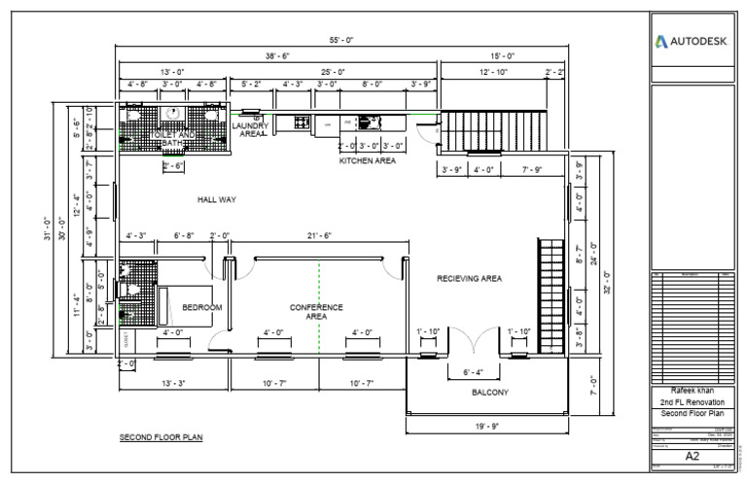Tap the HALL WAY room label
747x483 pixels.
point(217,200)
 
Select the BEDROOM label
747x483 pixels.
point(202,308)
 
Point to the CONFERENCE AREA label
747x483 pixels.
point(316,312)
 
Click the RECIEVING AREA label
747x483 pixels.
point(469,279)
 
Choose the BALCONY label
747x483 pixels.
point(490,393)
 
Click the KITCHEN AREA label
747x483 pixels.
point(367,161)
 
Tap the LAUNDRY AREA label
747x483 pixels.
point(254,130)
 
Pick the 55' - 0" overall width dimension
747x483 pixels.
point(340,41)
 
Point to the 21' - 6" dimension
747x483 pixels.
point(318,236)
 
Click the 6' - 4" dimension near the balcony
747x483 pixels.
point(472,371)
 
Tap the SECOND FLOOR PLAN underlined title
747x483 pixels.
point(161,438)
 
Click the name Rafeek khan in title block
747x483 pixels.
point(694,391)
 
